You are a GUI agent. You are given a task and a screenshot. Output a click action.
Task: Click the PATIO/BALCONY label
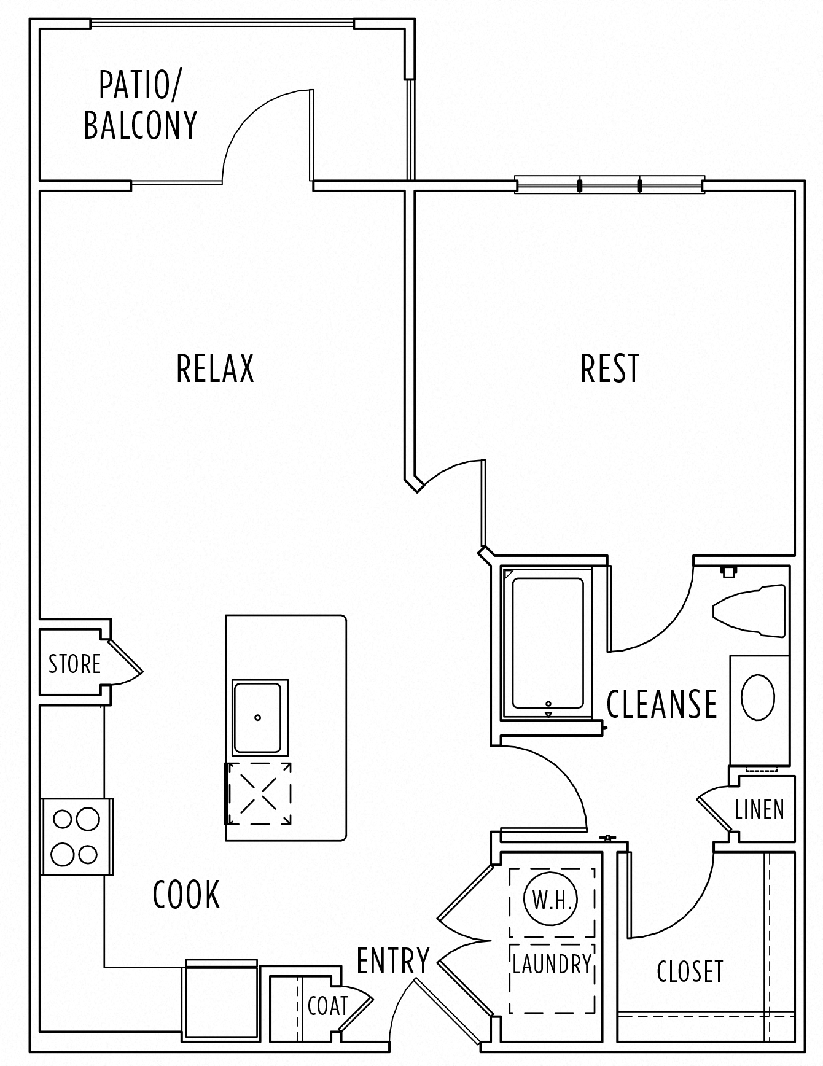pyautogui.click(x=140, y=106)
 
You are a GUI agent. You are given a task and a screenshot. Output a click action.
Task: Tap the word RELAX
pyautogui.click(x=215, y=368)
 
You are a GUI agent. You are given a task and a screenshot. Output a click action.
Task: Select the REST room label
pyautogui.click(x=610, y=368)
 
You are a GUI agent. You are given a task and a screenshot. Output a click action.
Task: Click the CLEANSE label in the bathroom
pyautogui.click(x=661, y=704)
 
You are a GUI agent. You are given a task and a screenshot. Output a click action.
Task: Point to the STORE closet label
pyautogui.click(x=74, y=664)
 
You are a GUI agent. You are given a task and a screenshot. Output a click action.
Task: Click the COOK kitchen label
pyautogui.click(x=186, y=895)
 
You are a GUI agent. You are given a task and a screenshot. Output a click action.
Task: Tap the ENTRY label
pyautogui.click(x=393, y=960)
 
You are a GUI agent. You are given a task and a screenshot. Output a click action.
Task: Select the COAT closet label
pyautogui.click(x=327, y=1006)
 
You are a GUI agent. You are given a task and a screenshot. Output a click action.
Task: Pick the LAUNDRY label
pyautogui.click(x=552, y=965)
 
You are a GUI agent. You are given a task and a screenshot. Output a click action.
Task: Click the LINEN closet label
pyautogui.click(x=760, y=810)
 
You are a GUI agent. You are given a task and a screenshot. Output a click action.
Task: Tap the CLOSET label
pyautogui.click(x=690, y=971)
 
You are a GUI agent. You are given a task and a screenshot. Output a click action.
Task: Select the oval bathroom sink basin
pyautogui.click(x=757, y=698)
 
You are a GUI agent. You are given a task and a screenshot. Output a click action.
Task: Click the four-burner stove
pyautogui.click(x=76, y=836)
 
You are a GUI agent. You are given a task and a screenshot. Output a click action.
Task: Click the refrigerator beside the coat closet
pyautogui.click(x=220, y=1005)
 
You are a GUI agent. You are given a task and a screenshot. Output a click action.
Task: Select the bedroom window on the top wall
pyautogui.click(x=609, y=184)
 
